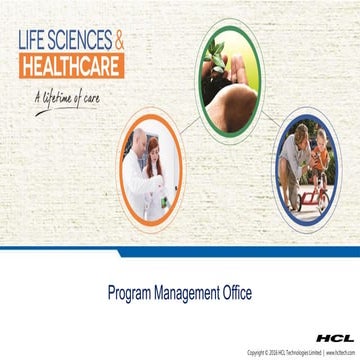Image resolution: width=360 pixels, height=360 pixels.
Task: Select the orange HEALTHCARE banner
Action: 72,67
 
